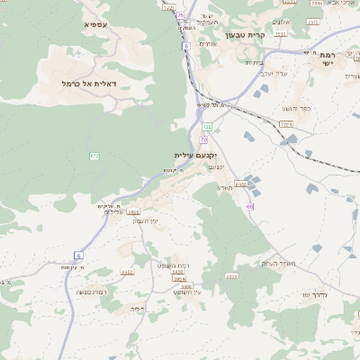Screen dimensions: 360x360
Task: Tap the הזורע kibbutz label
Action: (225, 187)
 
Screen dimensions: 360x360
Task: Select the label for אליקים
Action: (111, 207)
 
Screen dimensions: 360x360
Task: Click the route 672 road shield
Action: (94, 156)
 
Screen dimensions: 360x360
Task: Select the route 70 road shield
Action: (204, 139)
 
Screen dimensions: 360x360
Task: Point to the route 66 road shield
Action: (249, 207)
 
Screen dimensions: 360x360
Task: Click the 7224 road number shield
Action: (286, 124)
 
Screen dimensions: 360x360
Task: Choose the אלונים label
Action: (281, 22)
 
